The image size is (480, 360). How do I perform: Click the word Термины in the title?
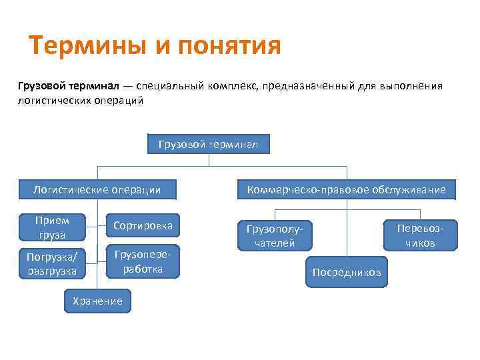pos(85,47)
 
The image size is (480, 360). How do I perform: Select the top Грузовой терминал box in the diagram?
pos(209,144)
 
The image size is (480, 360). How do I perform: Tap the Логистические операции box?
pos(97,189)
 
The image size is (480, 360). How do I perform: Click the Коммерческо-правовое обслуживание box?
pos(346,189)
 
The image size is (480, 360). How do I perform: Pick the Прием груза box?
pos(52,227)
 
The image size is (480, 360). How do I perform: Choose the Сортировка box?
pos(143,226)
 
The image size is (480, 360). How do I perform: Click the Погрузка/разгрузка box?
pos(52,263)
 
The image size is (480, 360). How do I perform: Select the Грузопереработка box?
pos(143,261)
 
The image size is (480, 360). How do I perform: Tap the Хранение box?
pos(97,301)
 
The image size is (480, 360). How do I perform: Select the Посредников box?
pos(347,272)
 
